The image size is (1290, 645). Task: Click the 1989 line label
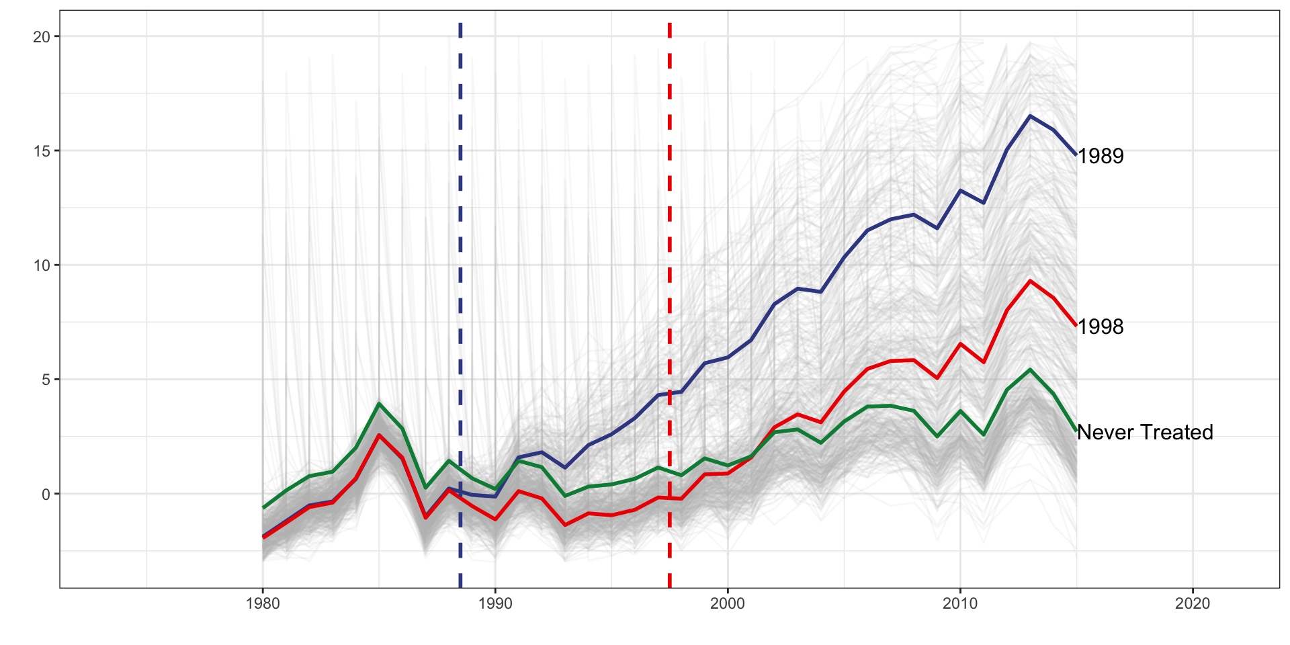[1101, 156]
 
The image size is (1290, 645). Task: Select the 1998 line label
[1101, 327]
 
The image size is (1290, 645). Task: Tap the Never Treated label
[1145, 432]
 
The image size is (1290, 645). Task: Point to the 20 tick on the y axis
[42, 37]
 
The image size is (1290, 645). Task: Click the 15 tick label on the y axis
[42, 151]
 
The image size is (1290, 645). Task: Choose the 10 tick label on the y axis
[42, 265]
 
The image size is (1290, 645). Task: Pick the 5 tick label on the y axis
[46, 380]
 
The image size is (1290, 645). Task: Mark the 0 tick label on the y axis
[46, 494]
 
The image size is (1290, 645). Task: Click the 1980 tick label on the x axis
[263, 603]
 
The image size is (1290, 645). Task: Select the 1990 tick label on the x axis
[495, 603]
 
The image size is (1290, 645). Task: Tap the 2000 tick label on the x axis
[728, 603]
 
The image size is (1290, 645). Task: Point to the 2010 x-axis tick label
[960, 603]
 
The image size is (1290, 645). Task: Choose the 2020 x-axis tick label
[1193, 603]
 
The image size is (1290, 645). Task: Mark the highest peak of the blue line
[1030, 116]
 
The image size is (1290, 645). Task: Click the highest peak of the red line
[1030, 281]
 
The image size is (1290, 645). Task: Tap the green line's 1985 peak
[379, 404]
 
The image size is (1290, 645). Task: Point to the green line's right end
[1076, 431]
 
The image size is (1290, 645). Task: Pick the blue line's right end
[1076, 155]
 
